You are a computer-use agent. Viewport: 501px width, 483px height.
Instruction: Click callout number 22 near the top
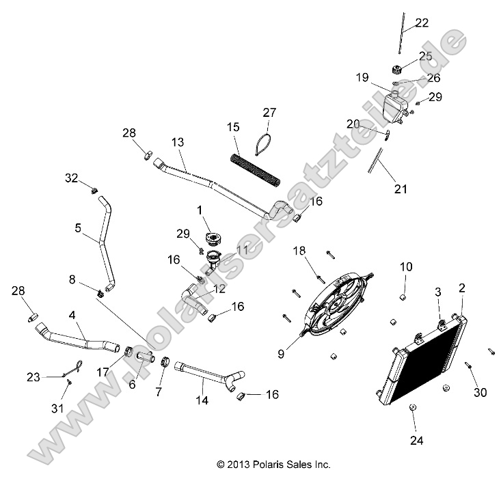click(422, 23)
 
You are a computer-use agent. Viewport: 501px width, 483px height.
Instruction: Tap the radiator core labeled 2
click(424, 362)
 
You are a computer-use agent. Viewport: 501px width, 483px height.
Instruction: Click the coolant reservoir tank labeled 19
click(395, 106)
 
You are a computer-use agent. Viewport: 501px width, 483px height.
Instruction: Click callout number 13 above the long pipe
click(178, 142)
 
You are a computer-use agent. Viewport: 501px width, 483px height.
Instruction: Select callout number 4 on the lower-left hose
click(72, 316)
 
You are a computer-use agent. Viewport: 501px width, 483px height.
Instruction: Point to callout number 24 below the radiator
click(416, 441)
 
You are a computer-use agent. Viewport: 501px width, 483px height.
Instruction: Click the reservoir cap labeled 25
click(396, 69)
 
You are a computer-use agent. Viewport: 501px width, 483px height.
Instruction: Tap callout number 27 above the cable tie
click(269, 112)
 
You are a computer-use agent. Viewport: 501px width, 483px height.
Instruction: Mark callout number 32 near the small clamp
click(72, 178)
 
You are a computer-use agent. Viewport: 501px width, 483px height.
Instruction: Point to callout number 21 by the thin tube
click(401, 189)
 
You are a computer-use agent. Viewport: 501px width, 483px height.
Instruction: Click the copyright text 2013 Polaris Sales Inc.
click(273, 465)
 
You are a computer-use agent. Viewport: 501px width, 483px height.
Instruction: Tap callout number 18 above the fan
click(299, 251)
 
